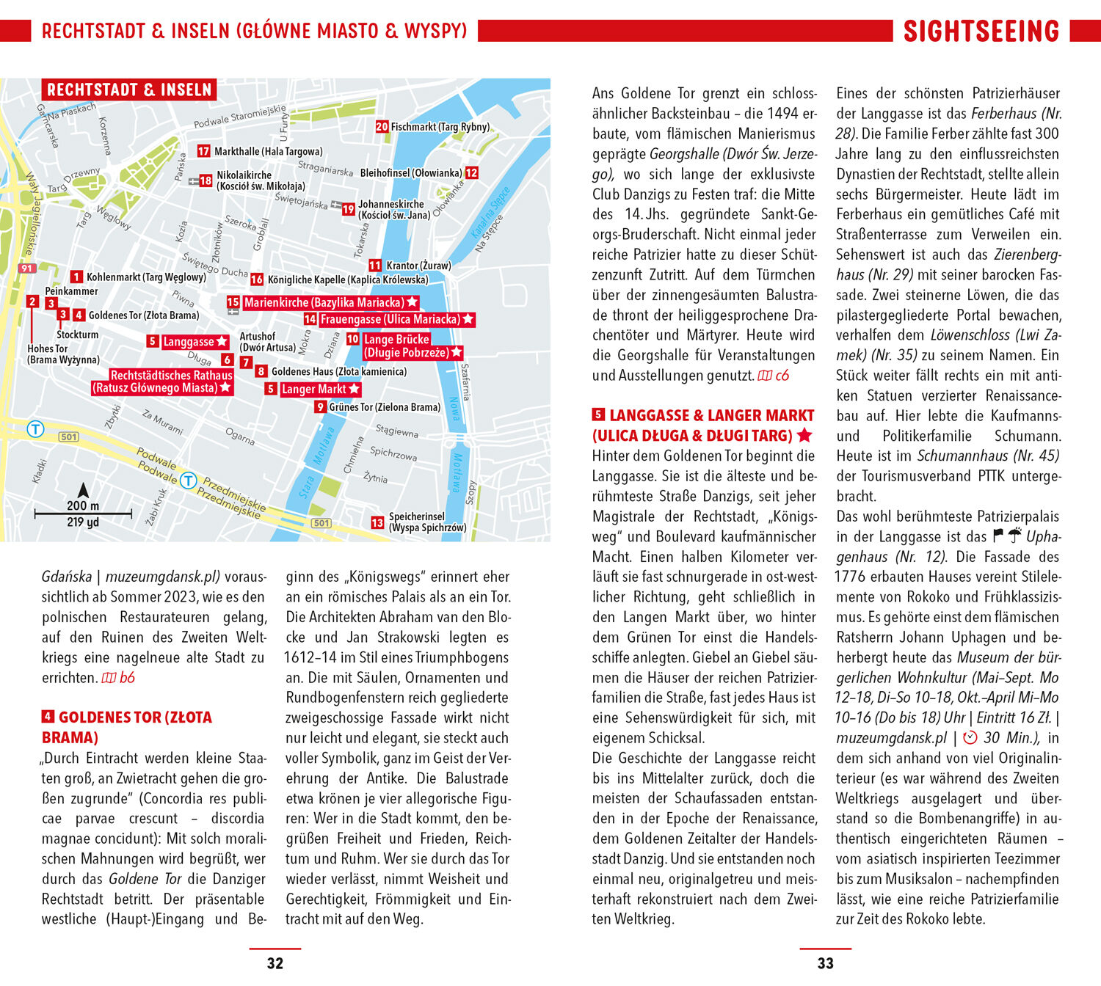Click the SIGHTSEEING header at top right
tap(981, 31)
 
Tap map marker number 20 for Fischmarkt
tap(382, 126)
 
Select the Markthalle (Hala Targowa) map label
tap(268, 151)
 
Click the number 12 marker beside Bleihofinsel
tap(471, 172)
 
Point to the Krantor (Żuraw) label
tap(418, 266)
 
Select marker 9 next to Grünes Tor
tap(320, 407)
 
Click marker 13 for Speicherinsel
tap(377, 522)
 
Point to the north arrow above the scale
tap(84, 490)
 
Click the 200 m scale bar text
tap(83, 505)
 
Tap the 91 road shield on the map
tap(27, 269)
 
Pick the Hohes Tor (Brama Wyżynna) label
tap(63, 354)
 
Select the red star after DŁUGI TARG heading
tap(804, 435)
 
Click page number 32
tap(275, 963)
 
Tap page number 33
tap(825, 963)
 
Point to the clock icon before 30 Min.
tap(970, 738)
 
